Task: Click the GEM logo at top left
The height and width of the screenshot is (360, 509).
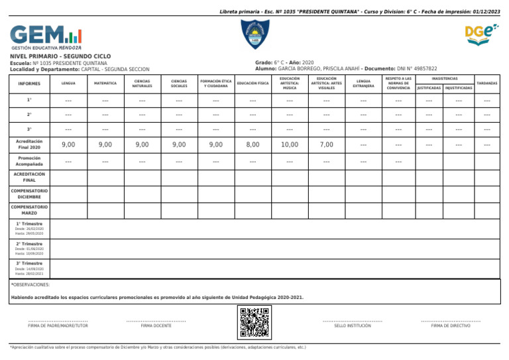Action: [46, 37]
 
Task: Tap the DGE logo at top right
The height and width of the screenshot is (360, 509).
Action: [481, 32]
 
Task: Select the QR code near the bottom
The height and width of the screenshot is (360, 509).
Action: [254, 322]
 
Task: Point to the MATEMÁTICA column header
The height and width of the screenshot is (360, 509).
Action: [105, 84]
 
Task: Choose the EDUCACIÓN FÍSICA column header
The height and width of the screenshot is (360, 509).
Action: [253, 84]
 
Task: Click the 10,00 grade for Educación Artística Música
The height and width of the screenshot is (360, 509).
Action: [290, 145]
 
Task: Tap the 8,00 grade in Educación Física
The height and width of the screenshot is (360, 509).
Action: [253, 145]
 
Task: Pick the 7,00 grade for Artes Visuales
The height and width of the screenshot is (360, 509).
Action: [326, 145]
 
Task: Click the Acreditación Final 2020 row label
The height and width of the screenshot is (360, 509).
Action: [29, 145]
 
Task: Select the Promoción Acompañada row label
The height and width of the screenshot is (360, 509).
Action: [29, 162]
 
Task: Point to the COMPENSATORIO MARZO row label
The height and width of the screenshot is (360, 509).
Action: [29, 210]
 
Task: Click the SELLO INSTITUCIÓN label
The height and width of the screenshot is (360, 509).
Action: [353, 326]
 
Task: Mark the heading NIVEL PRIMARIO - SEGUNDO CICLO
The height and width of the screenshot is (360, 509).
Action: [56, 56]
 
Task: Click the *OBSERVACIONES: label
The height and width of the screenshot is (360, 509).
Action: [30, 284]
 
